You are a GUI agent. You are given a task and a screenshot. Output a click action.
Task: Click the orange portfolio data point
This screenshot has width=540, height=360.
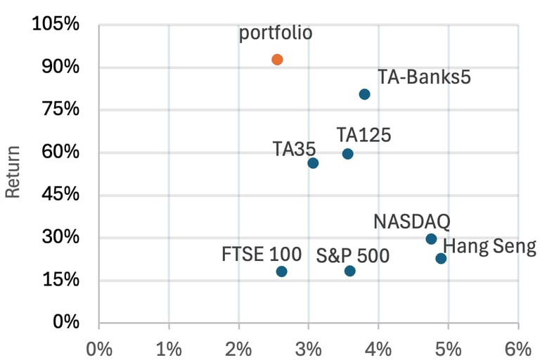tap(277, 60)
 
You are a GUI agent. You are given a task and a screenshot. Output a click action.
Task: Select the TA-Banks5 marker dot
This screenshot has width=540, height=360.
tap(364, 94)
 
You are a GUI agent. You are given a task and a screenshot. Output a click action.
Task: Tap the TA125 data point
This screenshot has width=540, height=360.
tap(347, 154)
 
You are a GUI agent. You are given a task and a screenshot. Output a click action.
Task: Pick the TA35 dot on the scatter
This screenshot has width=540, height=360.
tap(313, 163)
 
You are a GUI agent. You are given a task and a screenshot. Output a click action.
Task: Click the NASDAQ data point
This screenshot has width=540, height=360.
tap(431, 239)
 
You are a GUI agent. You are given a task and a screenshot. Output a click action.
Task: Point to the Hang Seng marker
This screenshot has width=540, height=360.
tap(441, 259)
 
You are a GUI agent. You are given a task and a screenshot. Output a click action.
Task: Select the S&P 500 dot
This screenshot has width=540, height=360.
tap(350, 271)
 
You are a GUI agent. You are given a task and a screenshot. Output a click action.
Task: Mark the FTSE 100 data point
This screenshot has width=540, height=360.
tap(282, 271)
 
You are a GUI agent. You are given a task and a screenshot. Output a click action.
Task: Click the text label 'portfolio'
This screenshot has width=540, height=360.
tap(276, 33)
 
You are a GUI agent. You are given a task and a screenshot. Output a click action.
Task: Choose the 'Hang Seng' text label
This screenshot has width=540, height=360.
tap(490, 247)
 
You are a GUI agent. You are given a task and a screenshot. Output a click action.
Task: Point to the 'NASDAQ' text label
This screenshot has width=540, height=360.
tap(411, 222)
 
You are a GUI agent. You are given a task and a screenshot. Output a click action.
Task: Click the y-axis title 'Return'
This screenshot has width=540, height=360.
tap(13, 172)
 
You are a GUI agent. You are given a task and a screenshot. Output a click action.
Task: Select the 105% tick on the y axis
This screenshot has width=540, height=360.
tap(56, 25)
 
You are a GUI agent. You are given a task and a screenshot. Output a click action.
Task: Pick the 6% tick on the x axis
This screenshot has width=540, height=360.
tap(517, 348)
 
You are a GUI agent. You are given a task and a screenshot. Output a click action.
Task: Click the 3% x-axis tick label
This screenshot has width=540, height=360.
tap(308, 348)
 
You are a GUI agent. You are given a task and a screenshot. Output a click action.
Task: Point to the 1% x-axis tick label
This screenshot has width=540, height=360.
tap(169, 348)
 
